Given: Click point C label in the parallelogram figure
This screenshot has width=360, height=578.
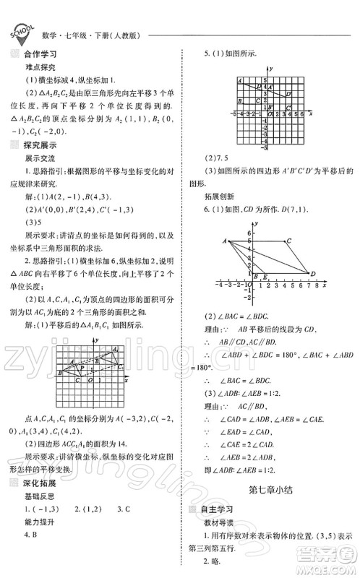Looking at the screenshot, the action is point(288,241).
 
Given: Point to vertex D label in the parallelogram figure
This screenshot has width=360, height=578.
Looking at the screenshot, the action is point(312,273).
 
